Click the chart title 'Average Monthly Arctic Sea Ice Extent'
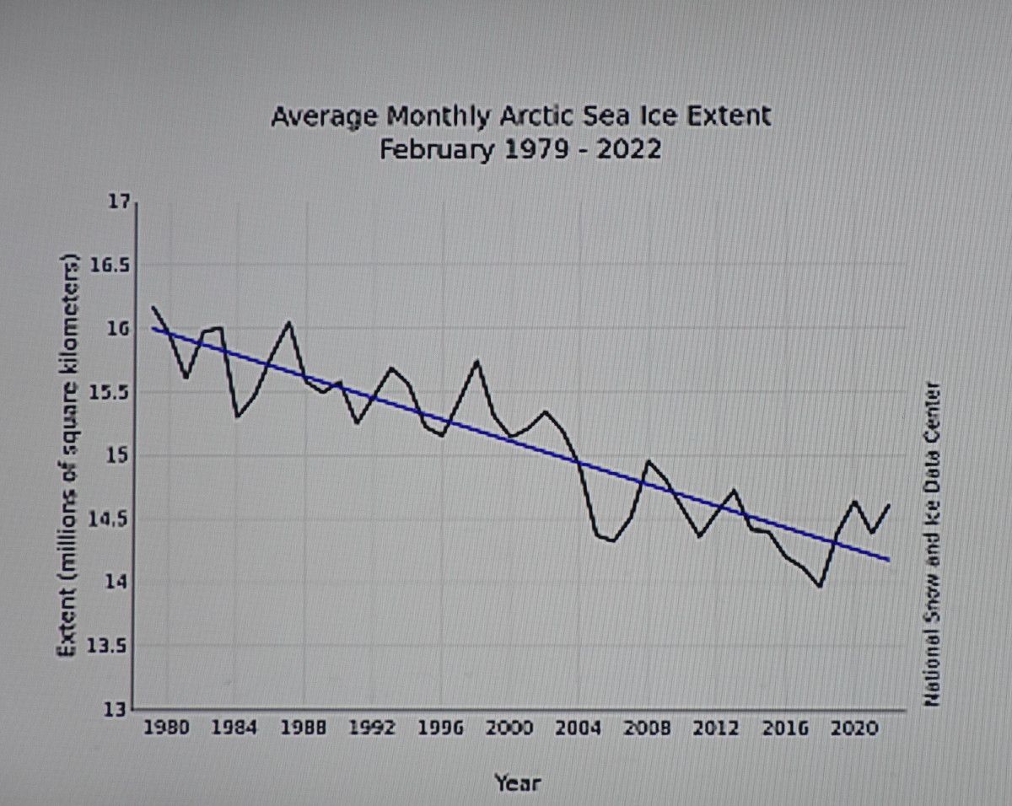pyautogui.click(x=520, y=116)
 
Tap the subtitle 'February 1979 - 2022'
pyautogui.click(x=520, y=150)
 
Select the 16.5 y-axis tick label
pyautogui.click(x=111, y=266)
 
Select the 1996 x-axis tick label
pyautogui.click(x=441, y=729)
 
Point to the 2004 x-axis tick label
pyautogui.click(x=578, y=729)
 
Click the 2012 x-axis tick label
pyautogui.click(x=715, y=729)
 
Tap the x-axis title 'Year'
pyautogui.click(x=517, y=782)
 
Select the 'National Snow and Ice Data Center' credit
pyautogui.click(x=933, y=544)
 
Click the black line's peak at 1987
pyautogui.click(x=289, y=322)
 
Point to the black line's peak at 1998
pyautogui.click(x=477, y=361)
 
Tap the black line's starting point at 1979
pyautogui.click(x=153, y=307)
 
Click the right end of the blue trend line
pyautogui.click(x=888, y=559)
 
